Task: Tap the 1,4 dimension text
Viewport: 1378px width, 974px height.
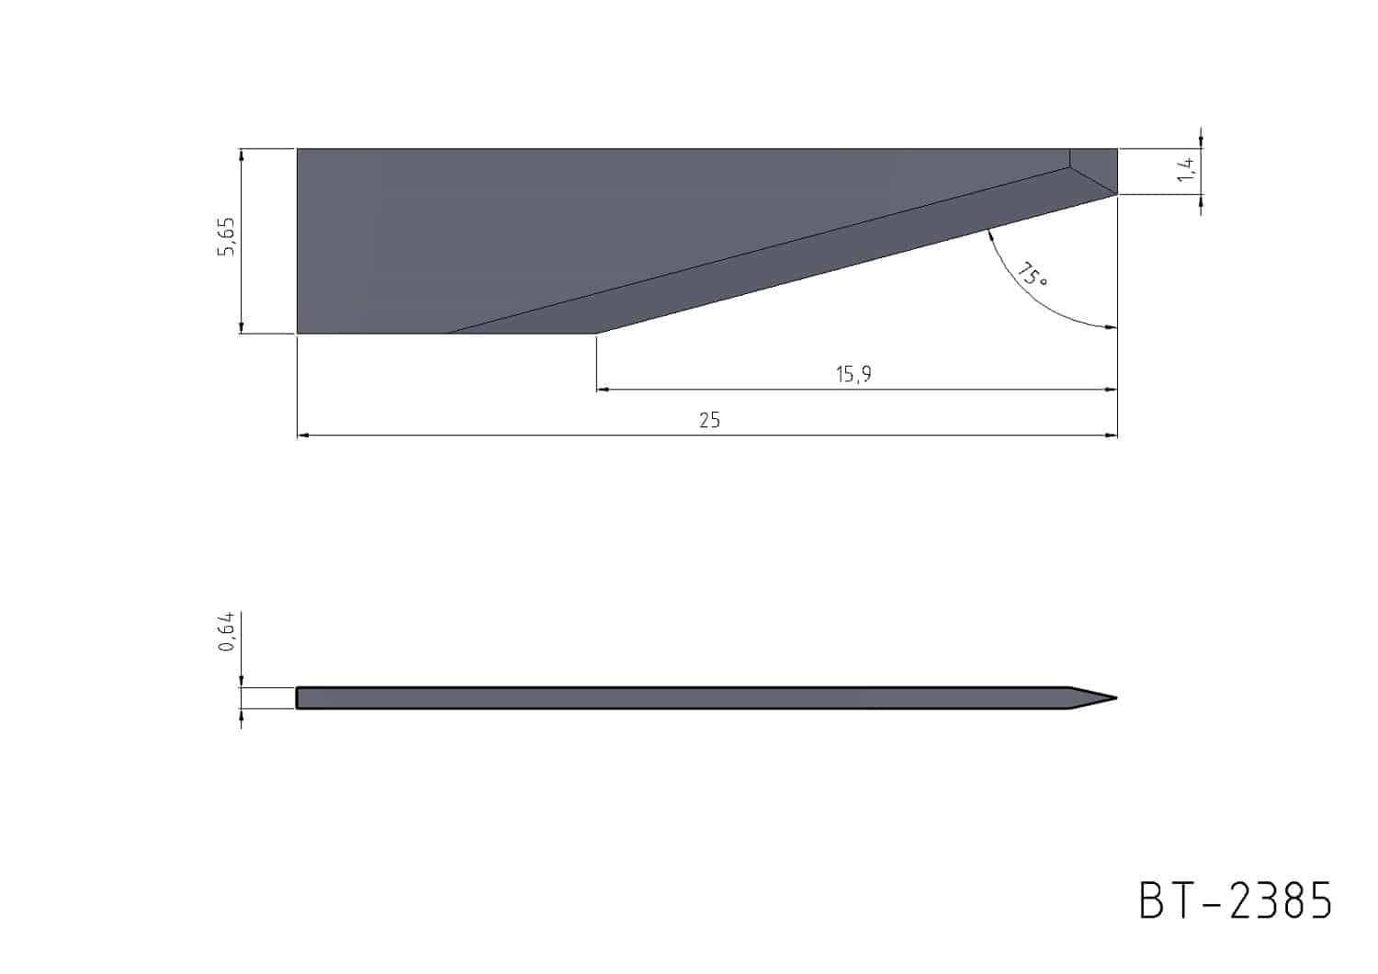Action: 1186,169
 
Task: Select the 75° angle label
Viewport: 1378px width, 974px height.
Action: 1031,275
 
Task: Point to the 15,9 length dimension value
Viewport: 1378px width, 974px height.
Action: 853,373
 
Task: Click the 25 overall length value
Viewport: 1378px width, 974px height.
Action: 709,420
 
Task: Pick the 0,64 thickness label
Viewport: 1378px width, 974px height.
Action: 226,631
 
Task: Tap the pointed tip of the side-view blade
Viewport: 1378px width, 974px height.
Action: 1116,698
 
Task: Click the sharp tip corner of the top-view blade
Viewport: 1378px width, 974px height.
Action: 1117,195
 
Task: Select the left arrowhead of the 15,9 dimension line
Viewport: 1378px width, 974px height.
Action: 603,390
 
